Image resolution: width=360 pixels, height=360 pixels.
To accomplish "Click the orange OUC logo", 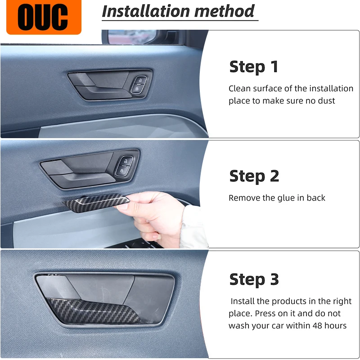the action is click(x=44, y=17).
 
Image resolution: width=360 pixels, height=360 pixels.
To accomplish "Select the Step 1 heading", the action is click(x=254, y=67).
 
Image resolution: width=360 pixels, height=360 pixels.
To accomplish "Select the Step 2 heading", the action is click(x=254, y=176).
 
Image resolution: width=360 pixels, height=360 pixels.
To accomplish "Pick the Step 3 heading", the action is click(x=254, y=279).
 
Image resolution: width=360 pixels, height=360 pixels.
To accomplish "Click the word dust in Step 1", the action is click(x=326, y=100).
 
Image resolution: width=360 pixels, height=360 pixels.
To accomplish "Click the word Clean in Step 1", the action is click(x=239, y=88).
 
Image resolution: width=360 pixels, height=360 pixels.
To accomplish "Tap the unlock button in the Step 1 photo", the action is click(x=140, y=81).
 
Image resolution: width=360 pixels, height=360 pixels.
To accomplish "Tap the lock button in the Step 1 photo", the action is click(x=137, y=89).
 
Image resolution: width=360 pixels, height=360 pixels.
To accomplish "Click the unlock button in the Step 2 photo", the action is click(x=126, y=161).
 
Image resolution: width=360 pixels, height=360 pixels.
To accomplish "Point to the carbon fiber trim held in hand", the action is click(x=96, y=202).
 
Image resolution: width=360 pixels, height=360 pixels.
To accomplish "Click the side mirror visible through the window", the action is click(x=131, y=36).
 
